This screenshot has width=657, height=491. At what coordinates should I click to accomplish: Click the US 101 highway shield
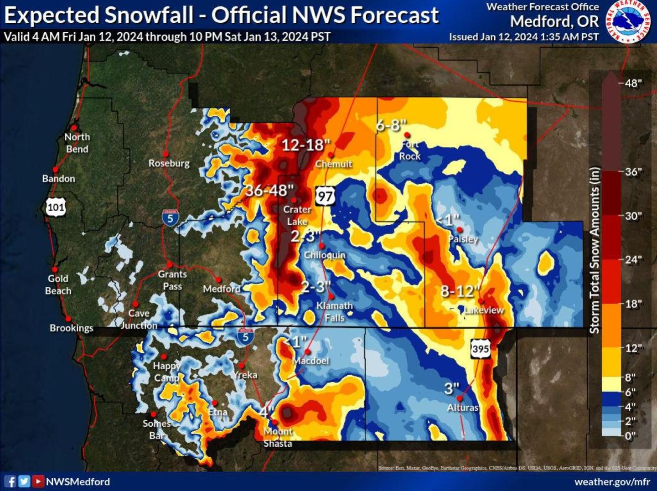pos(56,208)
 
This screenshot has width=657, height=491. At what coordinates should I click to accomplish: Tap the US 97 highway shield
pos(325,196)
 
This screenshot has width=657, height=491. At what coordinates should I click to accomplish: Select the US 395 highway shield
pos(481,349)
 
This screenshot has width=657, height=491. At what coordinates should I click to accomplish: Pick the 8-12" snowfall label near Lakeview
pos(460,291)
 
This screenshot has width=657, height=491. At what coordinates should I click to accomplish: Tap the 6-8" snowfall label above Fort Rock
pos(391,124)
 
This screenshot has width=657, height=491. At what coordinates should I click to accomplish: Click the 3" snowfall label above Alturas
pos(451,388)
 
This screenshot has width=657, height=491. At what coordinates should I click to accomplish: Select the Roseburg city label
pos(169,163)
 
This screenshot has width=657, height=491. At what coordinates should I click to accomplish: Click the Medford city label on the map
pos(222,289)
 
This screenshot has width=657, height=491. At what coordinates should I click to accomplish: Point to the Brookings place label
pos(71,328)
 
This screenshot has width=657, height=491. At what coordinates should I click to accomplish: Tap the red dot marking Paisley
pos(460,230)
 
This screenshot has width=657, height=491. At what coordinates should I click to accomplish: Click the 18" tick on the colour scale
pos(633,304)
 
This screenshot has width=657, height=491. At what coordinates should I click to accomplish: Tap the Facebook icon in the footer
pos(10,481)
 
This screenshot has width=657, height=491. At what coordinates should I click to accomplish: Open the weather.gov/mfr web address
pos(612,481)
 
